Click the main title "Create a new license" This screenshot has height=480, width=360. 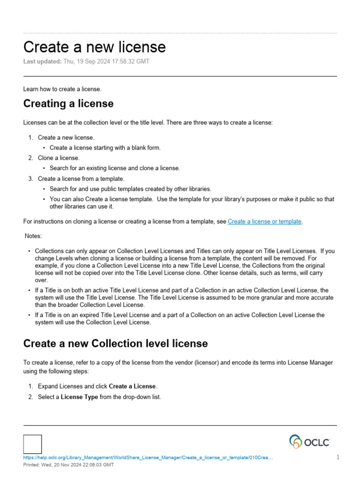point(94,47)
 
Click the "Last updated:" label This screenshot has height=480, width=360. point(42,62)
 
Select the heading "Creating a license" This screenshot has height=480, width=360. point(68,103)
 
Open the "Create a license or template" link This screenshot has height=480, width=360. point(264,221)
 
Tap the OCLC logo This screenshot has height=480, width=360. point(309,442)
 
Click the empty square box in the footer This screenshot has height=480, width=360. point(32,444)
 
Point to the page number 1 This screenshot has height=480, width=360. point(337,457)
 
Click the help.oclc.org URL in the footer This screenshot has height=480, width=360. point(148,457)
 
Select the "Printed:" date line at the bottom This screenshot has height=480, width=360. point(68,465)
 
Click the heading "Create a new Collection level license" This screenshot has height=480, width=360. point(115,344)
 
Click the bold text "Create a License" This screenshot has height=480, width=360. point(132,386)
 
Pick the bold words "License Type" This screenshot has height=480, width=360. point(79,397)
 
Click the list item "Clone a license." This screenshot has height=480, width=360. point(59,158)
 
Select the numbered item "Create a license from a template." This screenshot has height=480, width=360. point(81,179)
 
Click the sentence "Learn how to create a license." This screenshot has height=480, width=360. point(62,89)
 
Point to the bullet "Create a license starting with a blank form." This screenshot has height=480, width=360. point(105,148)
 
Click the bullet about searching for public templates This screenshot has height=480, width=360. point(130,189)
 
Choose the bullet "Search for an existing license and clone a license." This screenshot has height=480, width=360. point(114,168)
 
